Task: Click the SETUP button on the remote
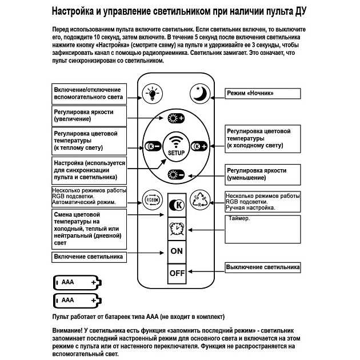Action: coord(176,146)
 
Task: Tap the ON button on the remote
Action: coord(177,251)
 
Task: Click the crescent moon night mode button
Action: coord(201,94)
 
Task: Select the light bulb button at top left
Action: coord(153,94)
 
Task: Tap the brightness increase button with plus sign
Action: coord(176,119)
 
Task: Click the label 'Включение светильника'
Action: coord(89,257)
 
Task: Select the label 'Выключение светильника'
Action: coord(262,267)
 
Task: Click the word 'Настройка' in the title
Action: coord(77,11)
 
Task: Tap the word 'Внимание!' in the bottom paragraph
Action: coord(69,331)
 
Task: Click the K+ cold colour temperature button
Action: coord(199,146)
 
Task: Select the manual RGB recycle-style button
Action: coord(201,200)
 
